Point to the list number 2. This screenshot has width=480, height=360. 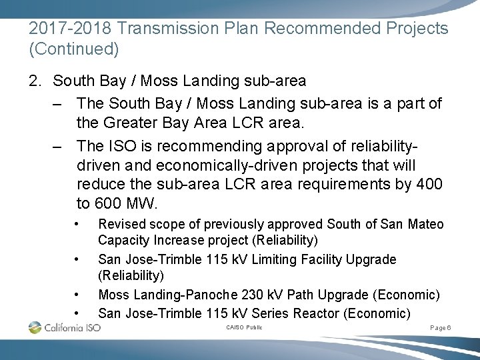[x=36, y=81]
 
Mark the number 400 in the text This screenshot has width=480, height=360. [x=429, y=185]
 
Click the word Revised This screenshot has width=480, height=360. [x=121, y=224]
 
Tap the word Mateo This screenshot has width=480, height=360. [x=425, y=224]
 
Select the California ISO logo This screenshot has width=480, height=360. [x=65, y=327]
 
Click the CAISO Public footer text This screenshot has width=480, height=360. [x=244, y=327]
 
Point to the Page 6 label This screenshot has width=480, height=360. [x=441, y=328]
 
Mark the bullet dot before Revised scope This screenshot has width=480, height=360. [x=78, y=223]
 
